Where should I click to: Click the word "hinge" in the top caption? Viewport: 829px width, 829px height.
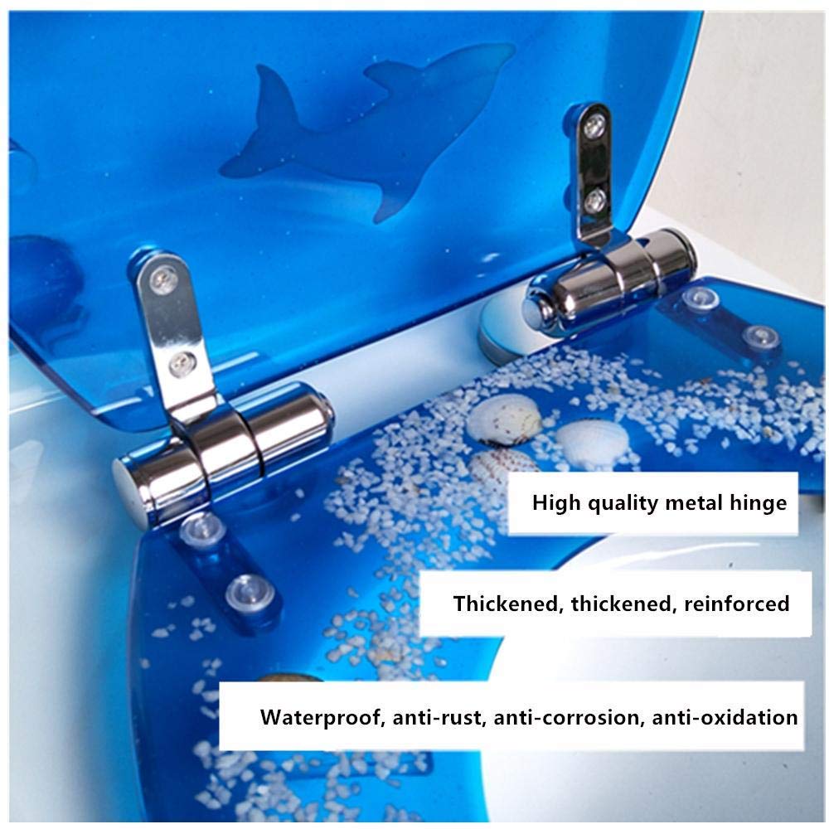coord(758,503)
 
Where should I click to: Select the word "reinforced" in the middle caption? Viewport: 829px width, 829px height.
coord(736,604)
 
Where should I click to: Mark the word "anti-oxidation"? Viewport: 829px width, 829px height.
coord(725,718)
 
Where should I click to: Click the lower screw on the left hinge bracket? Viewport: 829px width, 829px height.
coord(182,363)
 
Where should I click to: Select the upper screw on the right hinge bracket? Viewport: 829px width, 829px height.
coord(594,126)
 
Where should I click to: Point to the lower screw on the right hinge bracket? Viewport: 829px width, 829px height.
coord(595,199)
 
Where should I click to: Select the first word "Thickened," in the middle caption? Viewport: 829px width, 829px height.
coord(509,604)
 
